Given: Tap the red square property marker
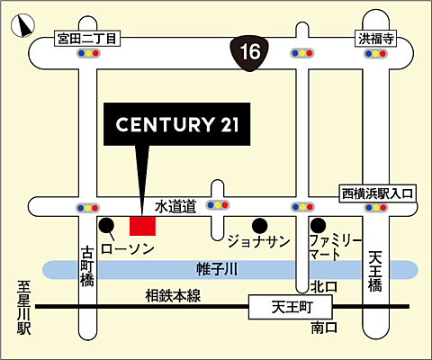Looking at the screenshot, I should tap(142, 225).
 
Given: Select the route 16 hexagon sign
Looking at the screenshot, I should tap(251, 52).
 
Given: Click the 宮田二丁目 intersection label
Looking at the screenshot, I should tap(87, 39).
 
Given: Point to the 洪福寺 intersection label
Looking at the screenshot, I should tap(376, 39).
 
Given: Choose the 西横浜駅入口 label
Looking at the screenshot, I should tap(376, 193).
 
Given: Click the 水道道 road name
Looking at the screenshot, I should tap(174, 206).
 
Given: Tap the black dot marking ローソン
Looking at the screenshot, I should tap(107, 225).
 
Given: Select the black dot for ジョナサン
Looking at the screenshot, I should tap(259, 225).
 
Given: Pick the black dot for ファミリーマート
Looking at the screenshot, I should tap(317, 225).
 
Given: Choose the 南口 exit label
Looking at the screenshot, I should tap(322, 329).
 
